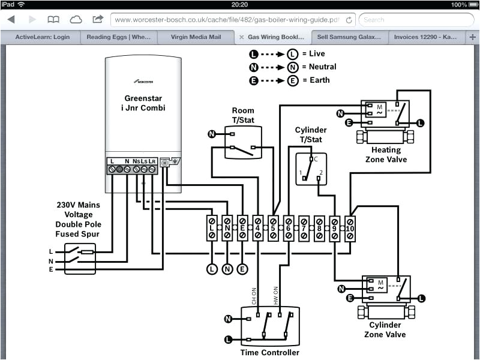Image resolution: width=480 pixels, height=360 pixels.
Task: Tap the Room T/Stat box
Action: pos(243,142)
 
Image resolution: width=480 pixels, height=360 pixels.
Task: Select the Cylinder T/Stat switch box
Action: pos(311,169)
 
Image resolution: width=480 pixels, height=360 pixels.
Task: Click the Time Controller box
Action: pos(270,325)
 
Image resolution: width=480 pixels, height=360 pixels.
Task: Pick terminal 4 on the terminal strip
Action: pos(258,228)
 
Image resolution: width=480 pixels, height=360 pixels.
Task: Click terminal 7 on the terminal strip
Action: pos(304,228)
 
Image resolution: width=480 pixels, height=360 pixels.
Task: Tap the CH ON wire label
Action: pos(253,296)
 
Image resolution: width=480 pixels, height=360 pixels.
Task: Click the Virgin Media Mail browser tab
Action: pos(196,37)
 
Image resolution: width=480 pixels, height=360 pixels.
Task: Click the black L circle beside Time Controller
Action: pos(228,340)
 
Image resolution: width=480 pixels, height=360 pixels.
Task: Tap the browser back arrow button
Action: pos(11,20)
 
